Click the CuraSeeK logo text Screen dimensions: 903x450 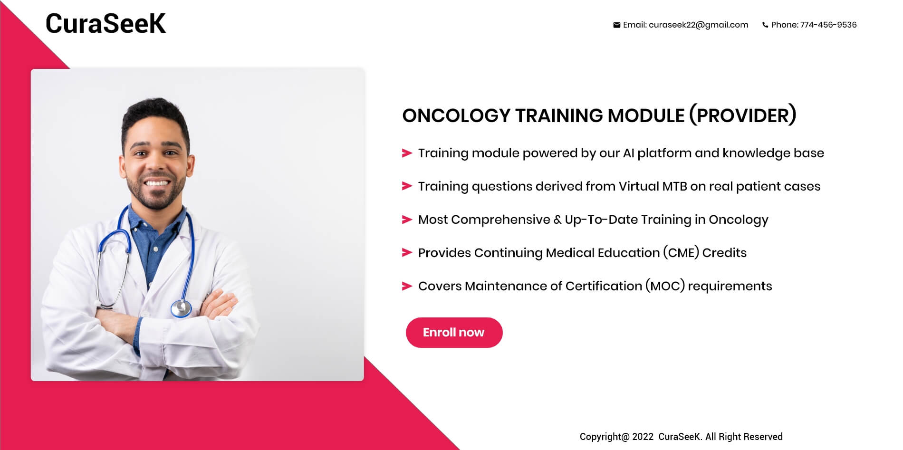click(106, 23)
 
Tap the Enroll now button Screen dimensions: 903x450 click(454, 333)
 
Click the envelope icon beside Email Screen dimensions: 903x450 click(616, 25)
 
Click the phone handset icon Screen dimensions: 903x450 click(765, 25)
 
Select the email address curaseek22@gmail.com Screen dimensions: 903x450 click(698, 25)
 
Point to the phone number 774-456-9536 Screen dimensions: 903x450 click(828, 25)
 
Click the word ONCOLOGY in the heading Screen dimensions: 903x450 click(456, 115)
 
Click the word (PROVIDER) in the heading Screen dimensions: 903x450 click(743, 115)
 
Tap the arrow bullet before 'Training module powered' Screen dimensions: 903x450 click(407, 153)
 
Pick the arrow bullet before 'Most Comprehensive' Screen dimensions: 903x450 click(407, 220)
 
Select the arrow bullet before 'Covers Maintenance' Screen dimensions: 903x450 click(407, 286)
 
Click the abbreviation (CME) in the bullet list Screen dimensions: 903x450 click(682, 253)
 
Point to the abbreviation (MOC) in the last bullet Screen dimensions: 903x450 click(665, 286)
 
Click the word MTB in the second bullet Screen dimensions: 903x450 click(674, 186)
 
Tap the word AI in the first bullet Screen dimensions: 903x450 click(628, 153)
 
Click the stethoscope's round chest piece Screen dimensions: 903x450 click(181, 308)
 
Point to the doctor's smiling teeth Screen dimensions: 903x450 click(157, 183)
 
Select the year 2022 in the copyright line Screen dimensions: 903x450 click(643, 437)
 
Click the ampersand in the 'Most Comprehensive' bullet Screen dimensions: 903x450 click(557, 220)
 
